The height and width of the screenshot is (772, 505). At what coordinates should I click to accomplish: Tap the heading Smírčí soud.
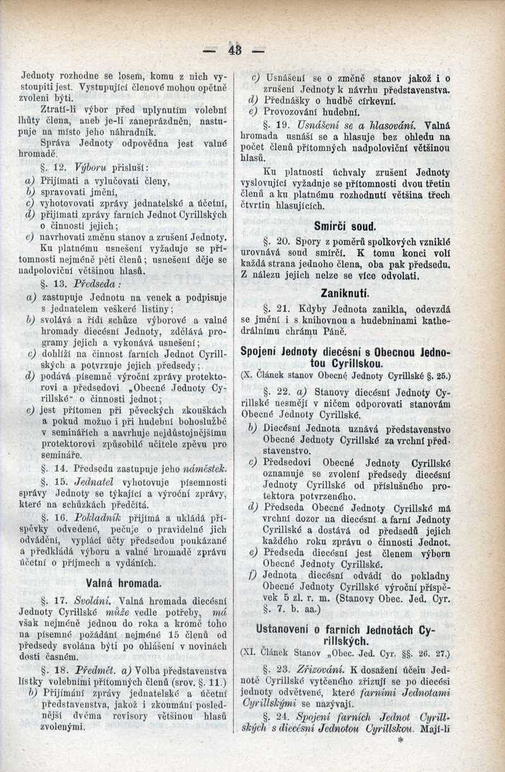coord(345,225)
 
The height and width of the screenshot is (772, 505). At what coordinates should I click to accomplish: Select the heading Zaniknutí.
coord(345,294)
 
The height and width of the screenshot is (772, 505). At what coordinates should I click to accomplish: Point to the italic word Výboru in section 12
coord(91,167)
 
